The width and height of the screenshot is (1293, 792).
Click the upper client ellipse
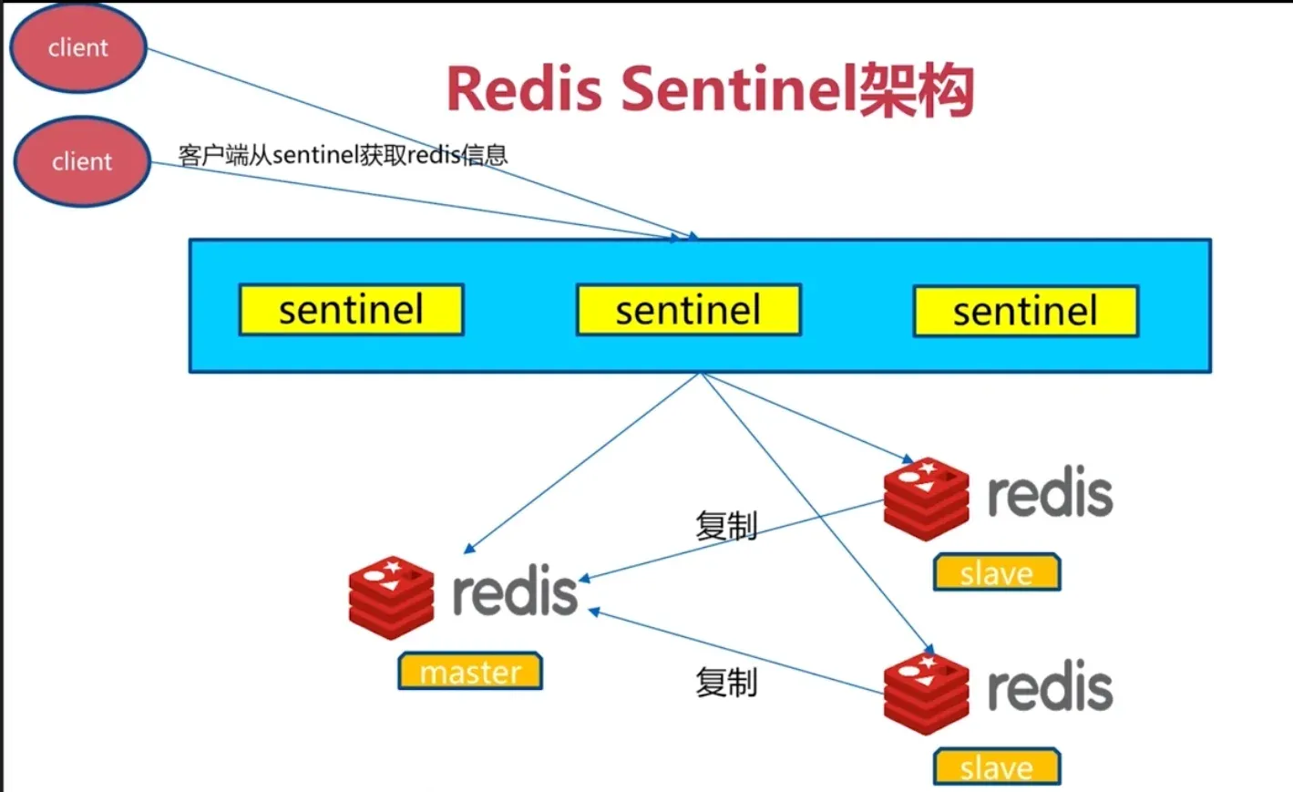pyautogui.click(x=78, y=46)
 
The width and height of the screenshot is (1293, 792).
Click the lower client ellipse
pyautogui.click(x=82, y=161)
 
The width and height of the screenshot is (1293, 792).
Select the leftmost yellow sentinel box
pyautogui.click(x=352, y=309)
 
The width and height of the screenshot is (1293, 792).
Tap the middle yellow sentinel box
pyautogui.click(x=689, y=309)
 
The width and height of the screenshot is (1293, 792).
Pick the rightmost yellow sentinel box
pyautogui.click(x=1026, y=311)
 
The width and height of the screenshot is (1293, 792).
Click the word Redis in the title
pyautogui.click(x=524, y=89)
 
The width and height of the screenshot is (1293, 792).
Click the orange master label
pyautogui.click(x=470, y=671)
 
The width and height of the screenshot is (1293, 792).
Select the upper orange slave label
pyautogui.click(x=997, y=572)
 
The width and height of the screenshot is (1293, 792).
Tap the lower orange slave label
pyautogui.click(x=997, y=766)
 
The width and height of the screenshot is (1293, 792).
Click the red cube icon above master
pyautogui.click(x=392, y=598)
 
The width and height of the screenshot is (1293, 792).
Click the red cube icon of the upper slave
pyautogui.click(x=926, y=499)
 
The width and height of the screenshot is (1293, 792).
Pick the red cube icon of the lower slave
pyautogui.click(x=926, y=694)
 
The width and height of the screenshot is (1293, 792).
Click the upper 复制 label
pyautogui.click(x=726, y=525)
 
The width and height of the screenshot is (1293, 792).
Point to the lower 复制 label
pyautogui.click(x=726, y=682)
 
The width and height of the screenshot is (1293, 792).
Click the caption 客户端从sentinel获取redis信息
pyautogui.click(x=343, y=155)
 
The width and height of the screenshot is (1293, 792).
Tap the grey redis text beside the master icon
pyautogui.click(x=515, y=590)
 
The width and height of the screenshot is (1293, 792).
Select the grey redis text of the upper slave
pyautogui.click(x=1051, y=490)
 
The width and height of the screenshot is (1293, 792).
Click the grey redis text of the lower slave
pyautogui.click(x=1051, y=685)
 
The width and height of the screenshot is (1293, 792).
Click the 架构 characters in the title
pyautogui.click(x=917, y=89)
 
